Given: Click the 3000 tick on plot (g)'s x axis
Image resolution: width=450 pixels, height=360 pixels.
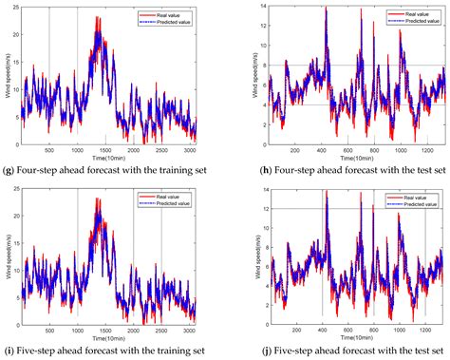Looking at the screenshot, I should (x=188, y=151).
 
